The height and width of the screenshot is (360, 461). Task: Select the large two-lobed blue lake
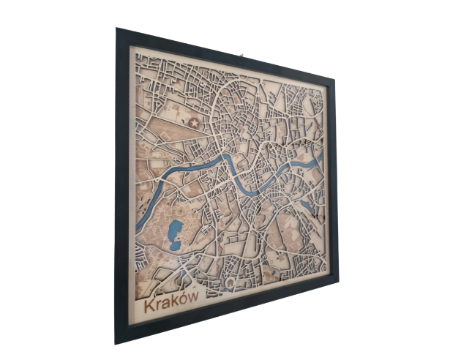click(175, 235)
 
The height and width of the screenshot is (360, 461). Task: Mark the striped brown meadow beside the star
click(176, 132)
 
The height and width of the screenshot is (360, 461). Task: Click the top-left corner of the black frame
click(117, 29)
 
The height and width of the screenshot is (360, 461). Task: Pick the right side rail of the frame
click(333, 179)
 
